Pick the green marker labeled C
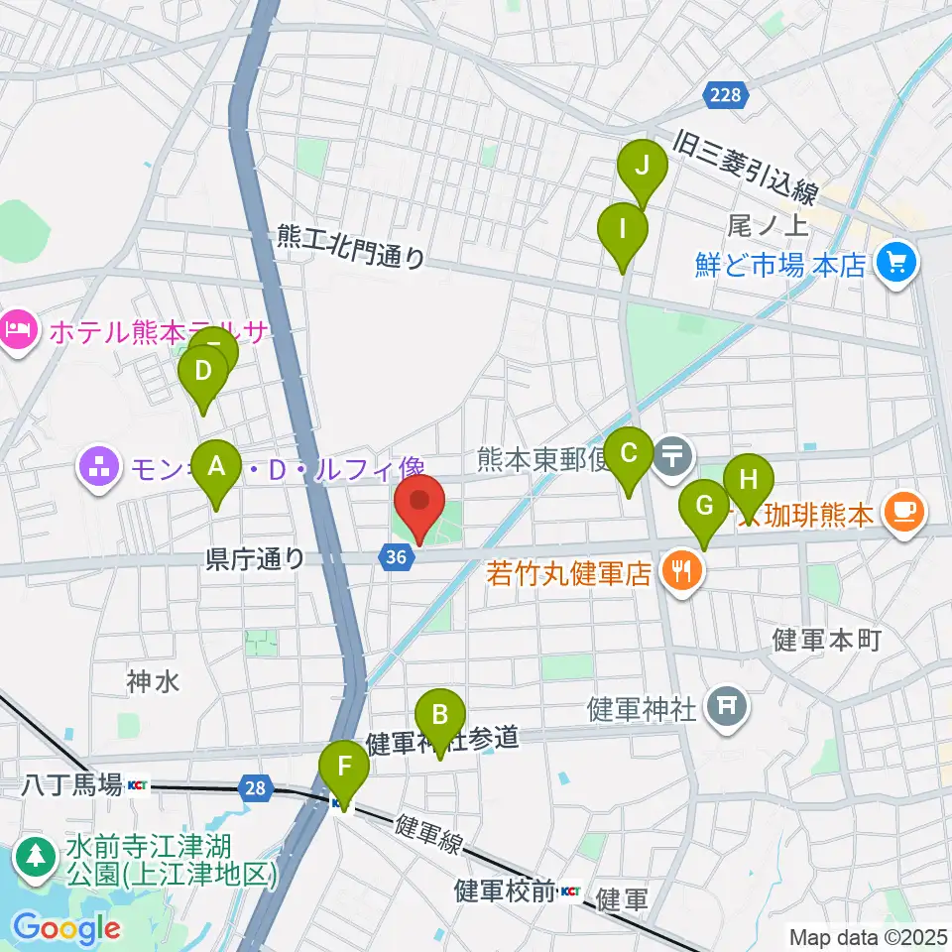[x=628, y=455]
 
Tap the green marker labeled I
[x=623, y=232]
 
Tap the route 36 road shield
[x=396, y=558]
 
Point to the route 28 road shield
[x=256, y=788]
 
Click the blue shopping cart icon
[x=897, y=264]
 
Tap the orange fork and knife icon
[x=681, y=570]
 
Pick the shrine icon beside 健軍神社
[x=727, y=707]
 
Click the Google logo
[x=65, y=928]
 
